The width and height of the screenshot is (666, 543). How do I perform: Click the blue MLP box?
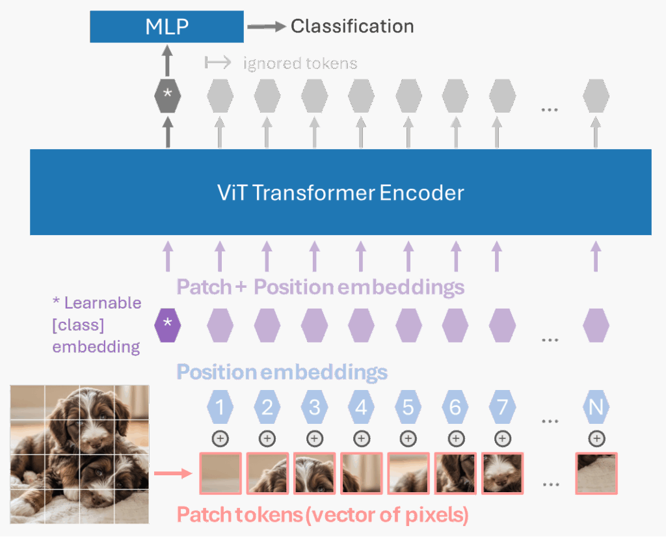pos(167,27)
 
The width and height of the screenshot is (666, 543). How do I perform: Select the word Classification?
pos(352,26)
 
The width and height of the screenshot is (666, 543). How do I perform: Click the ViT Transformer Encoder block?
pos(340,192)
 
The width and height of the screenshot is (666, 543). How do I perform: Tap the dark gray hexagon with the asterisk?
pos(168,95)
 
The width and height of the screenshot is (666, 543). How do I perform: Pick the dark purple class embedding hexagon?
pos(168,324)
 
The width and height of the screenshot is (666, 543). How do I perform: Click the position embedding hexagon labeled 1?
pos(220,408)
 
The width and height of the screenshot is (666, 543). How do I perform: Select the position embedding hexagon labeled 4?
pos(361,408)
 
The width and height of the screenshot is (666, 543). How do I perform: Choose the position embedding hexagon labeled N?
pos(596,408)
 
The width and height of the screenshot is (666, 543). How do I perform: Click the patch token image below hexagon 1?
pos(220,473)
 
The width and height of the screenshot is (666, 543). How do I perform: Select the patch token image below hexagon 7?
pos(501,473)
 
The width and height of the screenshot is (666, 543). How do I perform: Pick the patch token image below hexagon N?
pos(596,473)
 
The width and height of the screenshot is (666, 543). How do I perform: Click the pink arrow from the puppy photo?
pos(172,473)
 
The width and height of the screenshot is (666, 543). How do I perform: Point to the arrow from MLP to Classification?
pos(266,27)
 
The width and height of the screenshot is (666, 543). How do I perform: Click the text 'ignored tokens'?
pos(300,63)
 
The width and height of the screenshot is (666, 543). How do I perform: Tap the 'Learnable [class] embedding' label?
pos(96,325)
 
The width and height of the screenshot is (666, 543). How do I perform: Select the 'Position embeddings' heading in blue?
pos(282,372)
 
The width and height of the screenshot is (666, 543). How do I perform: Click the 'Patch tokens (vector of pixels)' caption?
pos(323,514)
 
